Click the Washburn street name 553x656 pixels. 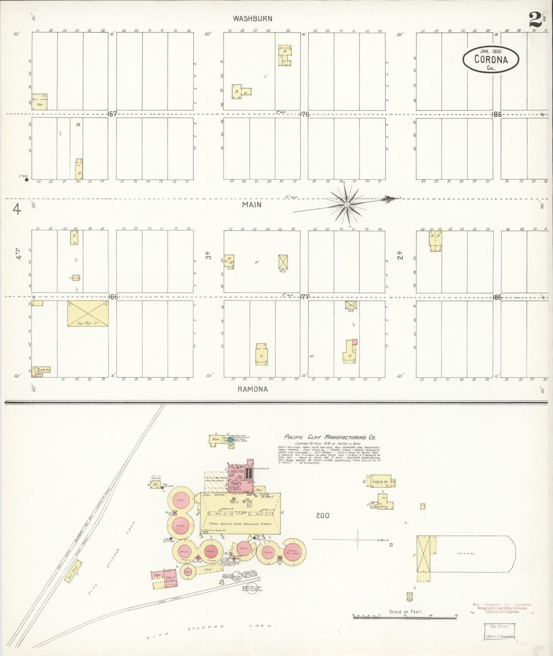click(x=253, y=18)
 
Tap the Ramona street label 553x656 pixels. click(x=253, y=389)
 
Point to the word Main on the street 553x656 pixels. click(x=251, y=205)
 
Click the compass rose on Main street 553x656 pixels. click(x=347, y=204)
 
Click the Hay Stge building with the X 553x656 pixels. click(x=88, y=313)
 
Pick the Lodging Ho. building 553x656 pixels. click(x=381, y=481)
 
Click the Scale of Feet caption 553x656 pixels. click(x=406, y=612)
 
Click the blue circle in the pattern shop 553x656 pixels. click(x=231, y=440)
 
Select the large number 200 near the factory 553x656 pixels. click(x=323, y=516)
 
